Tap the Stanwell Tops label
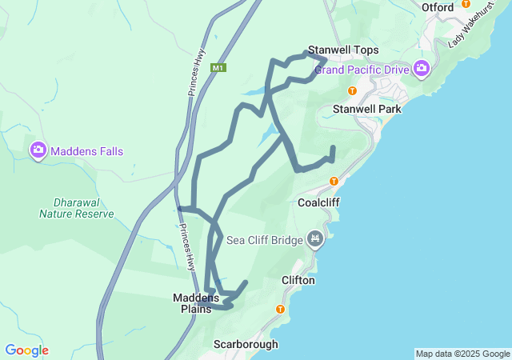pos(343,50)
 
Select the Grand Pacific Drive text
pos(362,70)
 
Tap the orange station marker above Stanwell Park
pos(352,90)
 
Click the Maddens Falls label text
pos(87,150)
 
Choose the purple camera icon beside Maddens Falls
pos(37,150)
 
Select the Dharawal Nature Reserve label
pos(76,208)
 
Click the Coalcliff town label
pos(318,202)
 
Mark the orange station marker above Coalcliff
pos(334,181)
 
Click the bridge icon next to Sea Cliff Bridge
pos(315,238)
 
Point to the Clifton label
pos(298,281)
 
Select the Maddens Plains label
pos(196,302)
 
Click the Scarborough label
pos(246,344)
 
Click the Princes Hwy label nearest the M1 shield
pos(198,73)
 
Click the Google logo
pos(26,350)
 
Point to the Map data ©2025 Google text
pos(462,354)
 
